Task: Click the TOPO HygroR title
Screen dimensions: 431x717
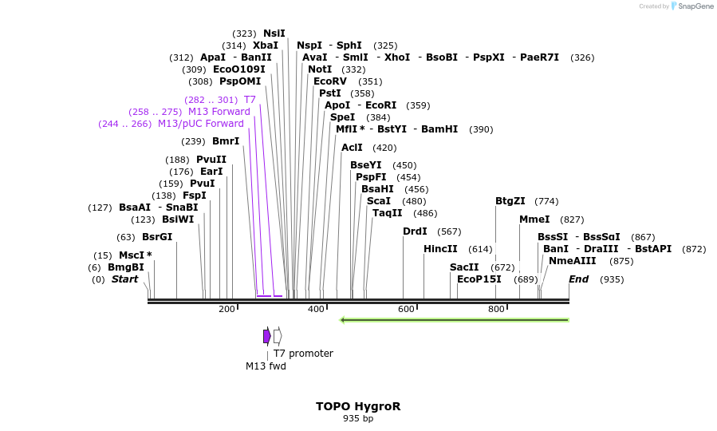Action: click(x=358, y=406)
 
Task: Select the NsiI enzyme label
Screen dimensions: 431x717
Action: click(x=274, y=34)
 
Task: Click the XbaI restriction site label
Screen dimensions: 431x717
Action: click(x=266, y=45)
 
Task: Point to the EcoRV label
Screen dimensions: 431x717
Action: click(x=330, y=81)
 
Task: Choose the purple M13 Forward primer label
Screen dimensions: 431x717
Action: click(x=219, y=112)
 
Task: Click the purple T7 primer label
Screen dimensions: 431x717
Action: click(x=250, y=100)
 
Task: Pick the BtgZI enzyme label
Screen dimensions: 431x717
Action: click(x=510, y=201)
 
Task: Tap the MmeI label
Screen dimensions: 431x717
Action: click(x=534, y=219)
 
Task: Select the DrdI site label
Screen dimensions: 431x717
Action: click(x=415, y=231)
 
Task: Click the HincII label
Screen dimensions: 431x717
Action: click(x=440, y=249)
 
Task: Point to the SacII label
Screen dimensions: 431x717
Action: click(x=464, y=267)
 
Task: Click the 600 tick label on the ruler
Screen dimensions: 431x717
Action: click(x=407, y=309)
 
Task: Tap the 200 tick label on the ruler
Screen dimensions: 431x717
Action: click(x=227, y=309)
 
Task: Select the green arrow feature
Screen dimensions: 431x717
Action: click(x=454, y=320)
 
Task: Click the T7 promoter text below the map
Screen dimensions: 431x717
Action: click(x=303, y=354)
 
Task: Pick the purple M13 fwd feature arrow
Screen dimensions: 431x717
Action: click(x=266, y=336)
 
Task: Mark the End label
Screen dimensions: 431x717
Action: click(x=578, y=279)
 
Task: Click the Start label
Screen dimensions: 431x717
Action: click(x=124, y=279)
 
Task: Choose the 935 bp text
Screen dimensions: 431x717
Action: click(x=358, y=418)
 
